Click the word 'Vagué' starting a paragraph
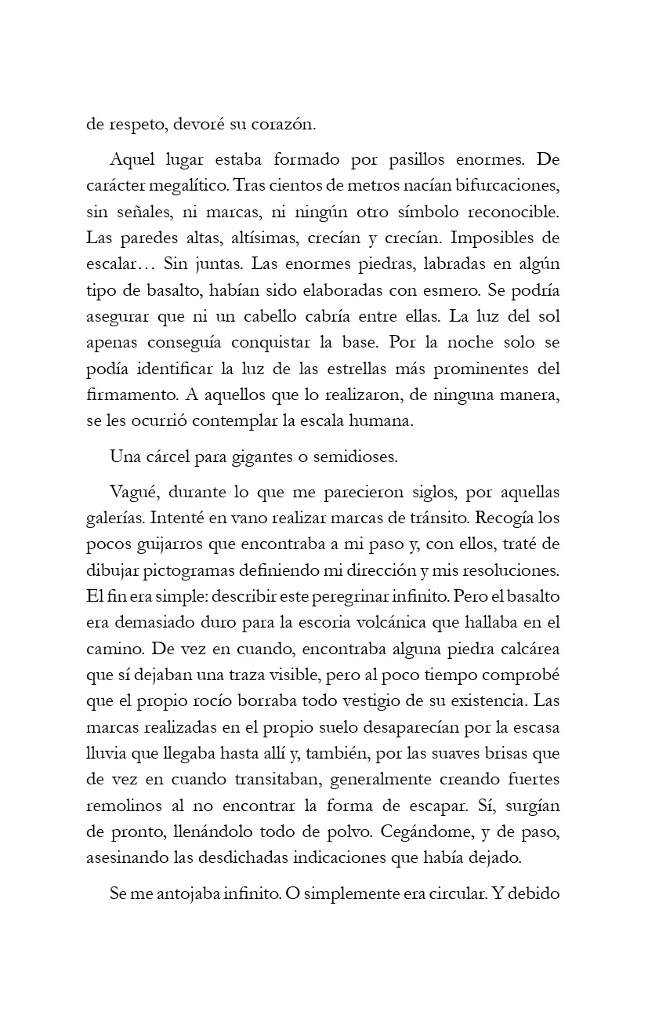(x=134, y=493)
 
